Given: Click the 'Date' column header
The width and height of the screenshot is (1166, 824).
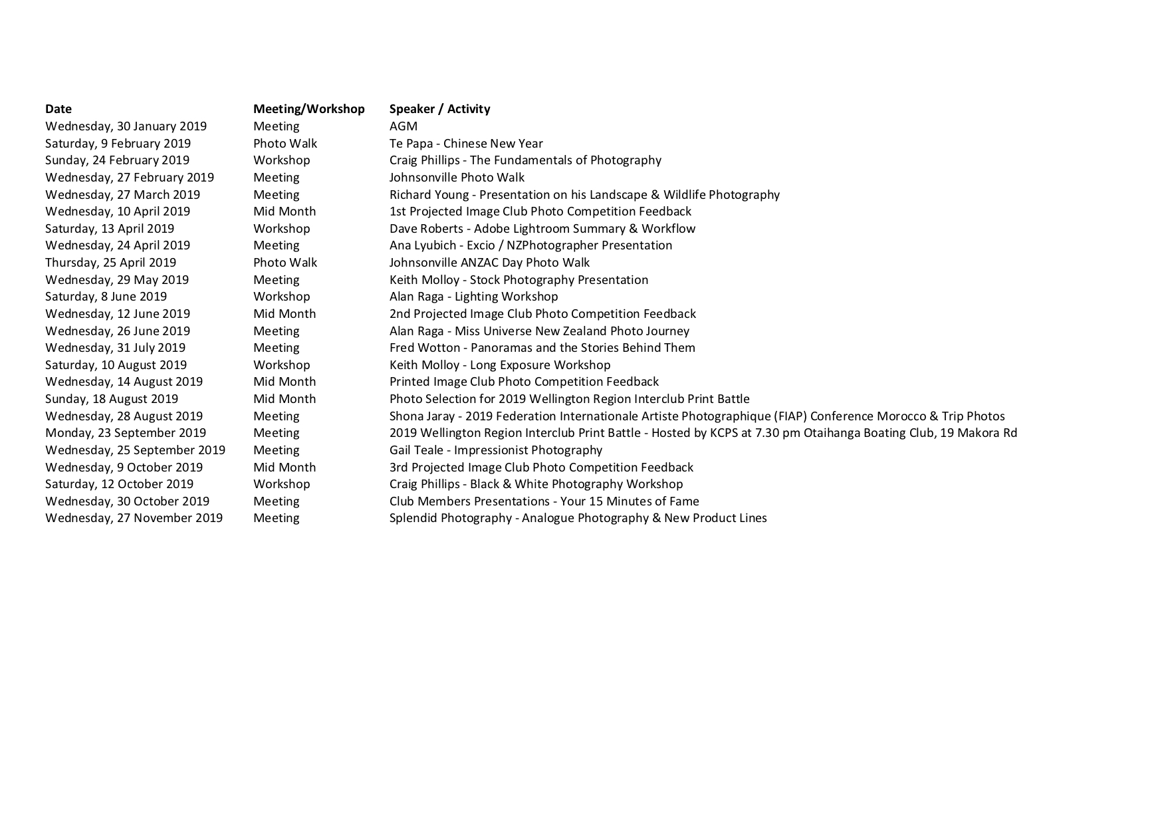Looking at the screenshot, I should tap(58, 109).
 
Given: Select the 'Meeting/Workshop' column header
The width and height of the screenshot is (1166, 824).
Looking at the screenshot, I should tap(308, 109).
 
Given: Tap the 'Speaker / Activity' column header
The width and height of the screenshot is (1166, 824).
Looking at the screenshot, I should tap(439, 109).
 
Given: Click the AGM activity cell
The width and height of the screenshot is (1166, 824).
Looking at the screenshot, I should tap(404, 126).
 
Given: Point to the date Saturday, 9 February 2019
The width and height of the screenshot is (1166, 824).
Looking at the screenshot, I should tap(118, 144).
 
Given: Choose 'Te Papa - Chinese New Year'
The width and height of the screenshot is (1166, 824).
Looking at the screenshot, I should tap(466, 144).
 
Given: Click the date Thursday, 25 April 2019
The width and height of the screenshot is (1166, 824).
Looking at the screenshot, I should tap(110, 263).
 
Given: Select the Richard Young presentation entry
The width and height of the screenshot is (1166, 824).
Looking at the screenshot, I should tap(584, 195).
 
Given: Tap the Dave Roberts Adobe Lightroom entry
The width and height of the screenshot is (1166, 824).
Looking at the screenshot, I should tap(542, 229).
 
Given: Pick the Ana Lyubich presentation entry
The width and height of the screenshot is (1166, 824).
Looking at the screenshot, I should tap(530, 245).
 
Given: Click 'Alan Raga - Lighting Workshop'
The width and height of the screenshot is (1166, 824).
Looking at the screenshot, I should tap(473, 297).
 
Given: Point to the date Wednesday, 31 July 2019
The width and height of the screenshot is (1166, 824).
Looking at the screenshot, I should tap(115, 348).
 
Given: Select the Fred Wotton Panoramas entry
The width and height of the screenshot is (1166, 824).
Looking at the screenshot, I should tap(542, 348).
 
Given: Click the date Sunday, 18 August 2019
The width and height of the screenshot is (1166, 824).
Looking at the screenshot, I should tap(112, 399).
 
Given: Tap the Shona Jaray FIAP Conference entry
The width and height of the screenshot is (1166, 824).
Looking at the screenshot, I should tap(697, 416).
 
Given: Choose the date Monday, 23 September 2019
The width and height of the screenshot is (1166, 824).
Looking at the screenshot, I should tap(126, 433).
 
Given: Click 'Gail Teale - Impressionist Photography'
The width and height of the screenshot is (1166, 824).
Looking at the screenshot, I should tap(495, 450).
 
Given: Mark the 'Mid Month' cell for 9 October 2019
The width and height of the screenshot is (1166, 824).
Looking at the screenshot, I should tap(285, 468).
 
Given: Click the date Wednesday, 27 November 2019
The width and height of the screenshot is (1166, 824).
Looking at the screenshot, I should tap(134, 518).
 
